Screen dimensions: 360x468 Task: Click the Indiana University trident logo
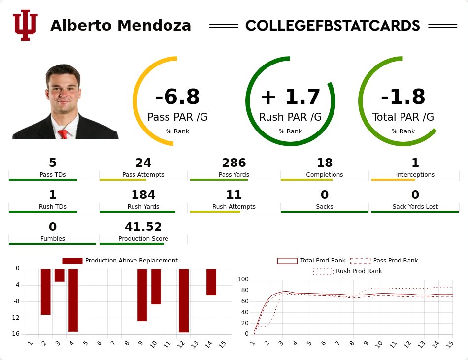(x=25, y=26)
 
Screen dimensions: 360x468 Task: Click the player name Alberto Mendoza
(x=121, y=26)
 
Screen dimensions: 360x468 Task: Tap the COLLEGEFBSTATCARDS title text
(x=333, y=26)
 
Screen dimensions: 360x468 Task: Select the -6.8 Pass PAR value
(x=177, y=97)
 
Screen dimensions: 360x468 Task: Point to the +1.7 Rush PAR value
(x=290, y=97)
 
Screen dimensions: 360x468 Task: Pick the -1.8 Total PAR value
(x=403, y=97)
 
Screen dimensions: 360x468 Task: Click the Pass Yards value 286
(x=234, y=163)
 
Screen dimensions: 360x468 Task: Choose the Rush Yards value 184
(x=143, y=195)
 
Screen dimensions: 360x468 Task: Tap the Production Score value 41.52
(x=143, y=227)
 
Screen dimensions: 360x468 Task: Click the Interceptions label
(x=415, y=175)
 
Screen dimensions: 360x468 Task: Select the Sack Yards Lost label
(x=415, y=207)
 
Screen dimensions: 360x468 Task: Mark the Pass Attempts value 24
(x=143, y=163)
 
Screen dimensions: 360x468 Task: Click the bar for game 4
(x=73, y=300)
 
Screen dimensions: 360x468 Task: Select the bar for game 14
(x=211, y=282)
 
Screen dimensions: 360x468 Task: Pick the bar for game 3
(x=60, y=275)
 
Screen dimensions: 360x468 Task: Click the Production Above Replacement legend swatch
(x=72, y=261)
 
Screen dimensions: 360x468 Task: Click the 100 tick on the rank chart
(x=243, y=279)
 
